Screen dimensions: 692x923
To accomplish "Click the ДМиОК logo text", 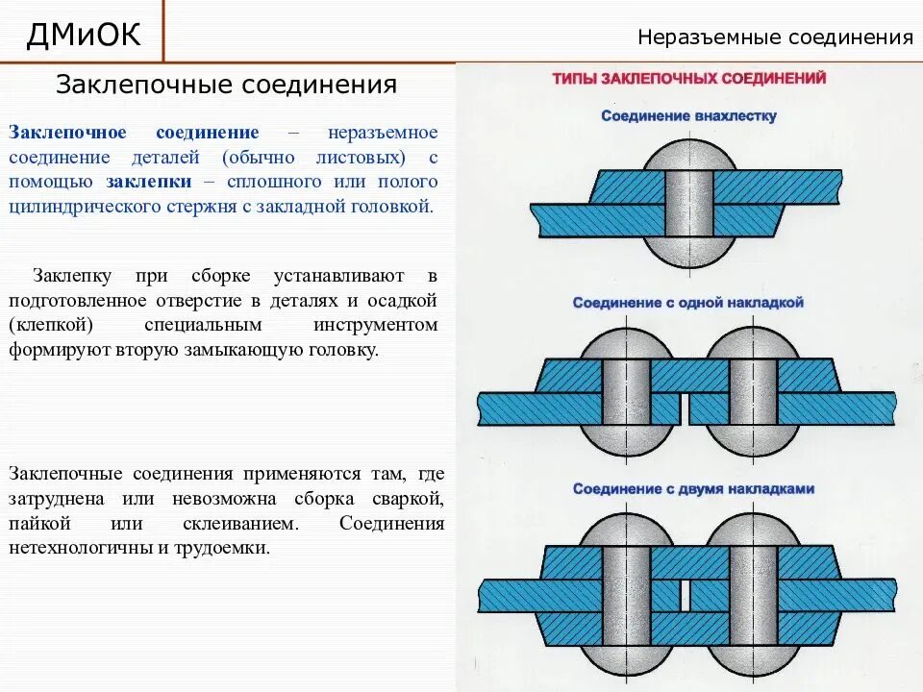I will (x=84, y=35).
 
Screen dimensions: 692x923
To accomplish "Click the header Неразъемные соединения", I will (x=775, y=38).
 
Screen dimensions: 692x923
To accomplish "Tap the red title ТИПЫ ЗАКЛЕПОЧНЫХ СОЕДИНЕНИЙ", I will (x=688, y=79).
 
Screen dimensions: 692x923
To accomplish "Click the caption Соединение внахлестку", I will (x=688, y=116).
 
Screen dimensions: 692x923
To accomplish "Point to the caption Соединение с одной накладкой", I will (x=688, y=303).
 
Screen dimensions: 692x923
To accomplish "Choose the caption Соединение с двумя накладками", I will (x=693, y=489).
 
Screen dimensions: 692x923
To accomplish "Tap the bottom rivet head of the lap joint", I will (x=687, y=254).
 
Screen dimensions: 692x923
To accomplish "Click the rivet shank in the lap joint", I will (x=687, y=204).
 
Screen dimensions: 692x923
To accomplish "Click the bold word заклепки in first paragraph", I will (x=147, y=182).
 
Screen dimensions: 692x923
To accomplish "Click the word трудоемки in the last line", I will (x=221, y=550).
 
